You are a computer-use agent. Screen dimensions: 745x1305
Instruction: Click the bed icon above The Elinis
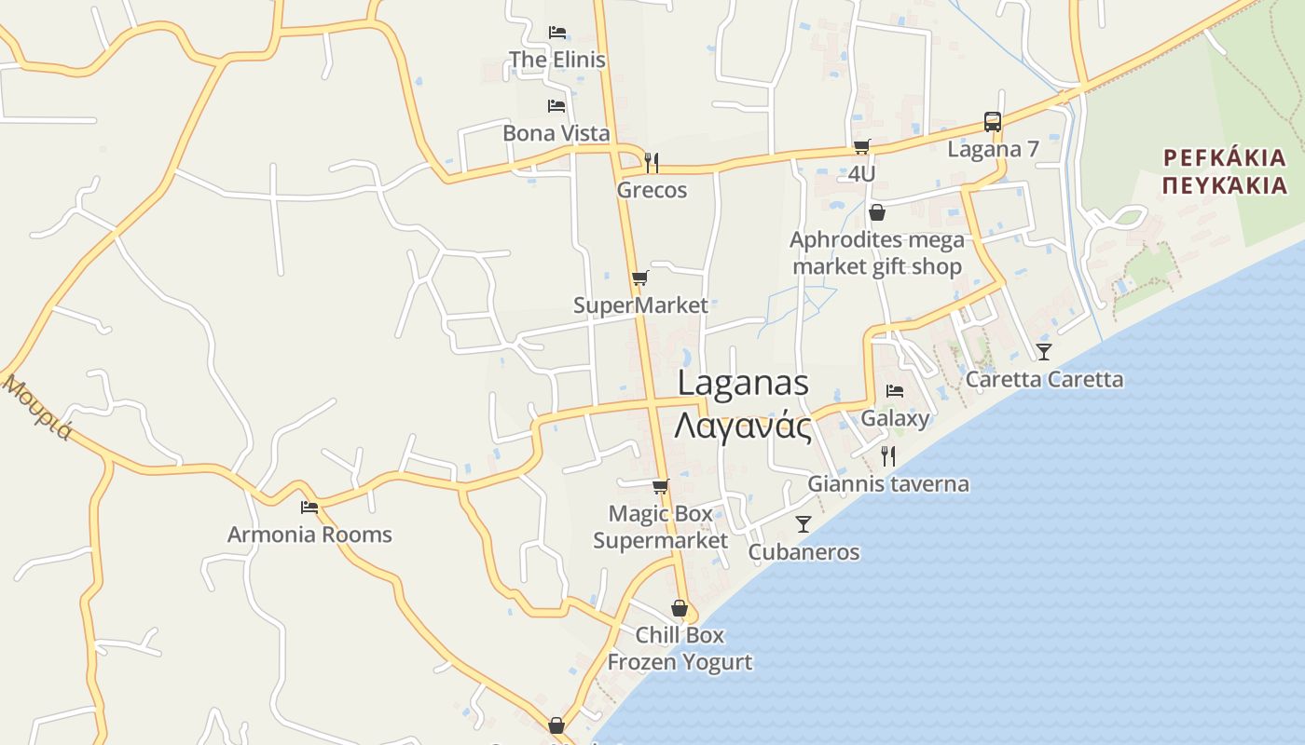point(557,33)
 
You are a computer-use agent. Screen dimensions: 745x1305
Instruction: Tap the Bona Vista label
point(556,133)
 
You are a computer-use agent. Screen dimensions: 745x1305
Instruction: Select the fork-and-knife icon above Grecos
point(652,162)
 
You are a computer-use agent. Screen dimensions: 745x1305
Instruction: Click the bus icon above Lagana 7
point(993,122)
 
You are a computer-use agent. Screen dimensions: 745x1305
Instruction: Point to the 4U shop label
point(861,173)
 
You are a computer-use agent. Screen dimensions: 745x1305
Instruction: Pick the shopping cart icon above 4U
point(861,146)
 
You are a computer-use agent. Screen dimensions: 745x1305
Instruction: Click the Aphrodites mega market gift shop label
point(876,253)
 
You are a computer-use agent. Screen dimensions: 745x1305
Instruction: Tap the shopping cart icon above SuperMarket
point(639,278)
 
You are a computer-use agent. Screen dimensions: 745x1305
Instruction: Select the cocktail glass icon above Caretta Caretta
point(1043,351)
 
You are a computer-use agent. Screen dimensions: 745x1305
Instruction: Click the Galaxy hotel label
point(895,417)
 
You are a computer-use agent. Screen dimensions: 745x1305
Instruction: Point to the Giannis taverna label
point(887,483)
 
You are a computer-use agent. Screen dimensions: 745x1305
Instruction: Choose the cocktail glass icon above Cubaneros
point(804,524)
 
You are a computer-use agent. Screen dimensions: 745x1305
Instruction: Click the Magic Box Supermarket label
point(660,526)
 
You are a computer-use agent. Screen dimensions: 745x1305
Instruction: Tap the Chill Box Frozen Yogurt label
point(680,648)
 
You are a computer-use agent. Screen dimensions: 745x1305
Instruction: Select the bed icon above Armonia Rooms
point(309,508)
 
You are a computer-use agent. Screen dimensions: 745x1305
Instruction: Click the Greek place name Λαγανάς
point(742,426)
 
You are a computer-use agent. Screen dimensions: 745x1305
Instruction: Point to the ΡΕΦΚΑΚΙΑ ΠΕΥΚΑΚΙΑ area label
point(1225,170)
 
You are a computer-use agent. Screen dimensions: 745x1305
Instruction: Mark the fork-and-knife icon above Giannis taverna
point(888,455)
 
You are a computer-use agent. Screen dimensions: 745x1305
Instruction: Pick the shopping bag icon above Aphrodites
point(876,213)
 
